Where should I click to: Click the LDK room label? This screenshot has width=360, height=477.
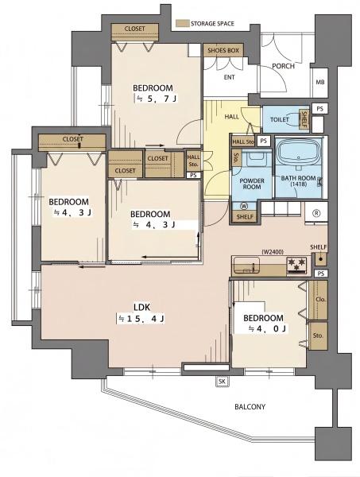142,307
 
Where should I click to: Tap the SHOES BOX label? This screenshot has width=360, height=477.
223,51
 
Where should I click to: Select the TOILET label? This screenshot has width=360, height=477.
280,119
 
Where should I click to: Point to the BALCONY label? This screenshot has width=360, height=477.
250,407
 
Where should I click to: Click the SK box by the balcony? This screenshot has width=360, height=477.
222,382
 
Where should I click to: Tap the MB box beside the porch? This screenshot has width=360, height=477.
319,82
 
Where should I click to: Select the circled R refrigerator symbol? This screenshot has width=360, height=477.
316,213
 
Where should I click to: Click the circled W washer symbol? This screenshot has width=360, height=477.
245,206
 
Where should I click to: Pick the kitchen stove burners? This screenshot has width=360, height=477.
296,264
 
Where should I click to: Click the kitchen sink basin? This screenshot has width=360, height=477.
246,265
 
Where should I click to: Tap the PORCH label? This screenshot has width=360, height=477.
283,66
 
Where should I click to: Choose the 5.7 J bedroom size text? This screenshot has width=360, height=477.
157,99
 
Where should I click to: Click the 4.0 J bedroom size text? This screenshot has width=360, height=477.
267,328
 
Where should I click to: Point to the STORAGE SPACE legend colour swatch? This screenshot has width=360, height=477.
183,23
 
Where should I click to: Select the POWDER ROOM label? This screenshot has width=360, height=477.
252,184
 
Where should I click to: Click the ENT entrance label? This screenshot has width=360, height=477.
229,77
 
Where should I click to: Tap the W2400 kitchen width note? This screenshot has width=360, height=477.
272,251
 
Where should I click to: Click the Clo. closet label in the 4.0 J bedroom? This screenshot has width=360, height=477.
320,300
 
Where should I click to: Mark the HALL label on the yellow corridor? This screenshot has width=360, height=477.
232,117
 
